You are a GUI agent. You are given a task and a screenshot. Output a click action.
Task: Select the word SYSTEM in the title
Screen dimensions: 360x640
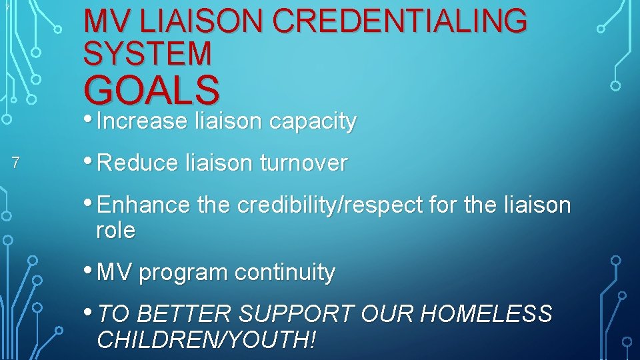pyautogui.click(x=147, y=53)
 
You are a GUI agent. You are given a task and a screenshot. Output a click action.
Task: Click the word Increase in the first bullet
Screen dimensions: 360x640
pyautogui.click(x=142, y=121)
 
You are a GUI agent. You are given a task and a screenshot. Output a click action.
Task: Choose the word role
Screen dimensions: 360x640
pyautogui.click(x=116, y=231)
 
